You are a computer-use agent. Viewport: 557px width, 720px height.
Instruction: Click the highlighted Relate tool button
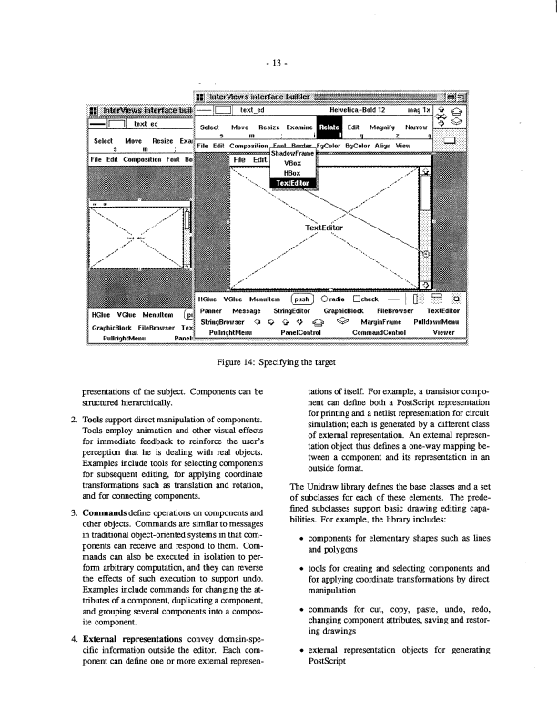pyautogui.click(x=329, y=128)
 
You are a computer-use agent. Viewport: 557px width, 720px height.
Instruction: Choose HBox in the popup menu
pyautogui.click(x=292, y=172)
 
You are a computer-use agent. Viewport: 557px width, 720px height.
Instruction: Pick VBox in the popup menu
pyautogui.click(x=292, y=163)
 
